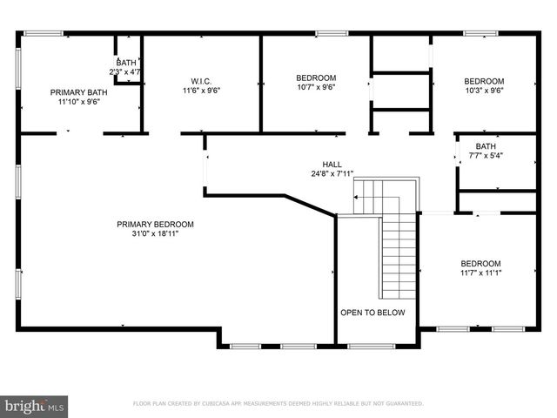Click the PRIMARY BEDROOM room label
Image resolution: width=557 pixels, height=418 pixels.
pyautogui.click(x=155, y=224)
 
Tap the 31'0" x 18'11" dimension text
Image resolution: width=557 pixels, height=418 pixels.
pyautogui.click(x=155, y=233)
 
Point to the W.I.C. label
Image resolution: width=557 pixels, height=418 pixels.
pyautogui.click(x=202, y=80)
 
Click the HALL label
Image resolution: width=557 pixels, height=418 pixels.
pyautogui.click(x=332, y=164)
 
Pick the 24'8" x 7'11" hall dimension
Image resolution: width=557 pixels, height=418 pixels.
pyautogui.click(x=332, y=173)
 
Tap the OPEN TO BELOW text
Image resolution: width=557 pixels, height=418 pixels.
pyautogui.click(x=372, y=313)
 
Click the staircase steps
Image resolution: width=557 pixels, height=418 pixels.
pyautogui.click(x=399, y=257)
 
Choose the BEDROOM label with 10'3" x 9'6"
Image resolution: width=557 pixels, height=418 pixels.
pyautogui.click(x=483, y=81)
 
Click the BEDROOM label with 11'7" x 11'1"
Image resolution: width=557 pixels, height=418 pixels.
pyautogui.click(x=480, y=264)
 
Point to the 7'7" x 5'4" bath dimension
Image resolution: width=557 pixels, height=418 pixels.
pyautogui.click(x=486, y=156)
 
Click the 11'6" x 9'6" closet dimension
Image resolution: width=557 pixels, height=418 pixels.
pyautogui.click(x=202, y=90)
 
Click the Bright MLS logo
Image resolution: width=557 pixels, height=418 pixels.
pyautogui.click(x=35, y=406)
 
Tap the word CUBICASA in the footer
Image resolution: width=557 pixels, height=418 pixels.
pyautogui.click(x=220, y=404)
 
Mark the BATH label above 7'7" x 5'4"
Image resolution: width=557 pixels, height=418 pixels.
pyautogui.click(x=486, y=146)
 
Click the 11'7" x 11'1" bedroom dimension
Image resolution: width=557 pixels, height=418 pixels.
pyautogui.click(x=480, y=273)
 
